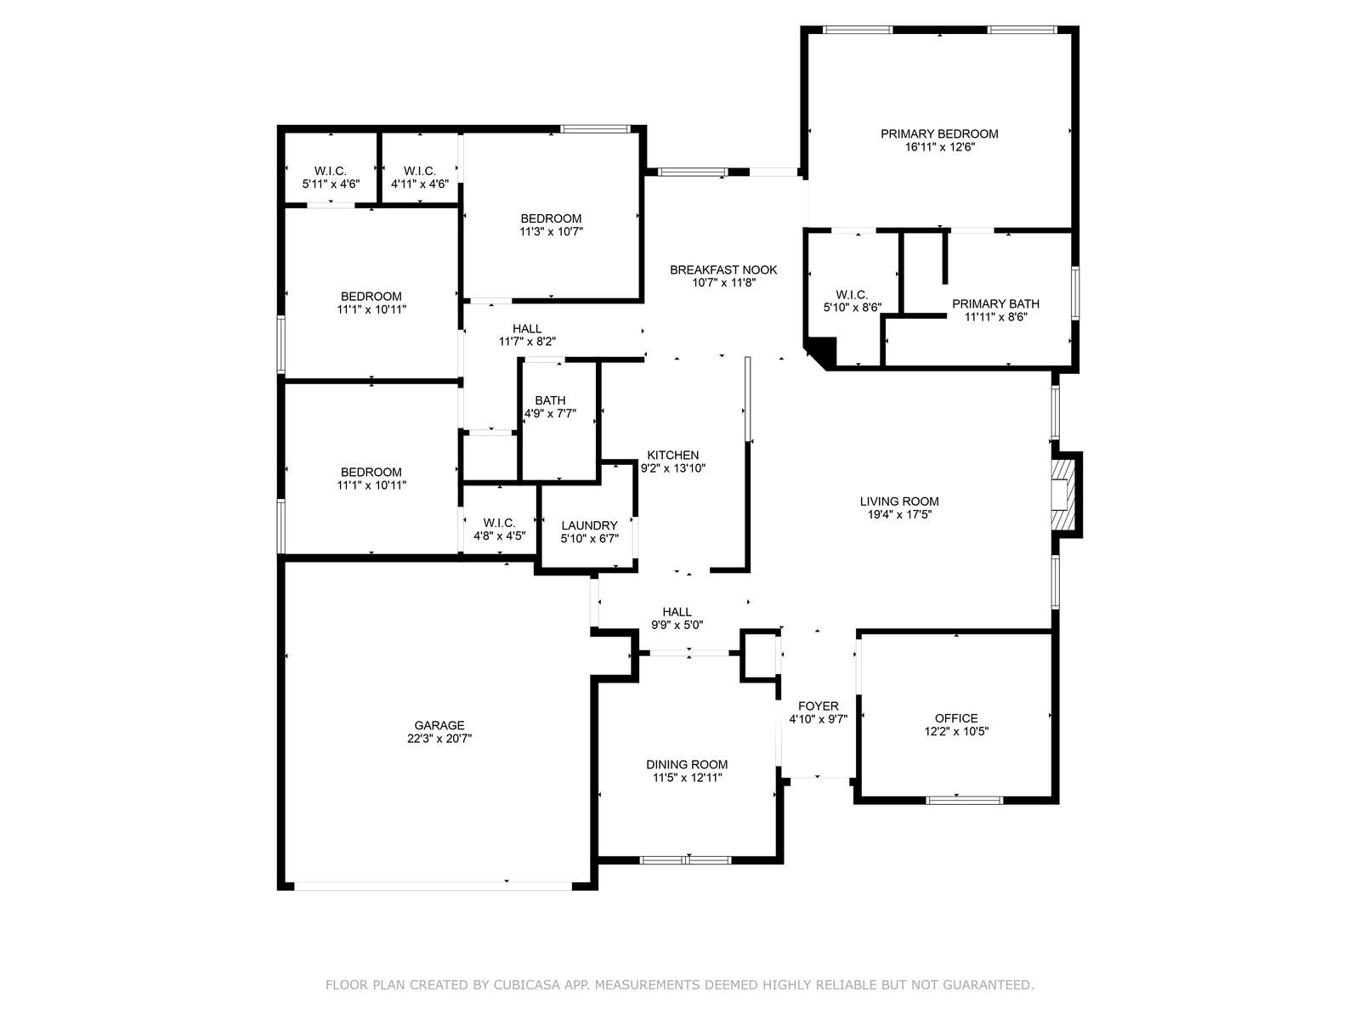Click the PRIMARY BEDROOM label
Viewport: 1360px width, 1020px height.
939,133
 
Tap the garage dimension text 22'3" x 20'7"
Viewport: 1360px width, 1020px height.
439,739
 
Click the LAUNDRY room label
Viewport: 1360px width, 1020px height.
589,525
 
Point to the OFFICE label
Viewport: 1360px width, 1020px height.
956,718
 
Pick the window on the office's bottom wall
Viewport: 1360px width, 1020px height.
964,800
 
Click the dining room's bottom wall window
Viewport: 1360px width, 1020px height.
685,860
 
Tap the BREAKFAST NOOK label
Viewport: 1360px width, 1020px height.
723,269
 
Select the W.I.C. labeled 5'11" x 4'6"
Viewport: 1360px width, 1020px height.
331,177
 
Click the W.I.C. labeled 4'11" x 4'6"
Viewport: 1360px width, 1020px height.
420,177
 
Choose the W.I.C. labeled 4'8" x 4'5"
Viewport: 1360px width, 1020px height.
500,530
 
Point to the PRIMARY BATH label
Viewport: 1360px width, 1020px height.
995,303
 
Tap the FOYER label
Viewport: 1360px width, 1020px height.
819,705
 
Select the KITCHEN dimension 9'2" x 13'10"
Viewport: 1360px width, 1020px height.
673,467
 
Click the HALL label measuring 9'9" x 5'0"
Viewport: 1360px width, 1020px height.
677,611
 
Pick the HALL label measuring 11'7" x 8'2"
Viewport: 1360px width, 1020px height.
527,329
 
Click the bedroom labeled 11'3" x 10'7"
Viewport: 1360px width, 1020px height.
551,224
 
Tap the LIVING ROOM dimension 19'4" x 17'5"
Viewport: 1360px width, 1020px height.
899,513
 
